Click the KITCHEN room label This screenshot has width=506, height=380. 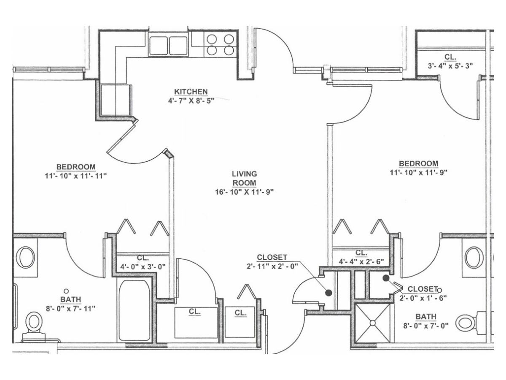tap(191, 92)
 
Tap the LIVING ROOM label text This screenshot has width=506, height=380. tap(244, 178)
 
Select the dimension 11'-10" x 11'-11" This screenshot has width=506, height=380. tap(76, 176)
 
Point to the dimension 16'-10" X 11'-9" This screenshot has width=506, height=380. tap(244, 192)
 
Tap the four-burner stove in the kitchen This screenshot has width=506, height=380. tap(221, 45)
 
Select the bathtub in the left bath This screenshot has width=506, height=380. tap(135, 311)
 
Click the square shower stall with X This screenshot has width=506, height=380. tap(372, 323)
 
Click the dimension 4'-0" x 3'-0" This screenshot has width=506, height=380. tap(143, 266)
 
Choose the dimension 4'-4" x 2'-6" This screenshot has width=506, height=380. tap(361, 261)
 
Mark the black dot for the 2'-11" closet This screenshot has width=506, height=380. tap(328, 293)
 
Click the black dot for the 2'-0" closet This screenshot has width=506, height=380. tap(386, 278)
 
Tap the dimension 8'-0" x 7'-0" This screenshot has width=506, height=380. tap(426, 326)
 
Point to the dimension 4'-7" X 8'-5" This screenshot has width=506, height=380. tap(191, 101)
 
